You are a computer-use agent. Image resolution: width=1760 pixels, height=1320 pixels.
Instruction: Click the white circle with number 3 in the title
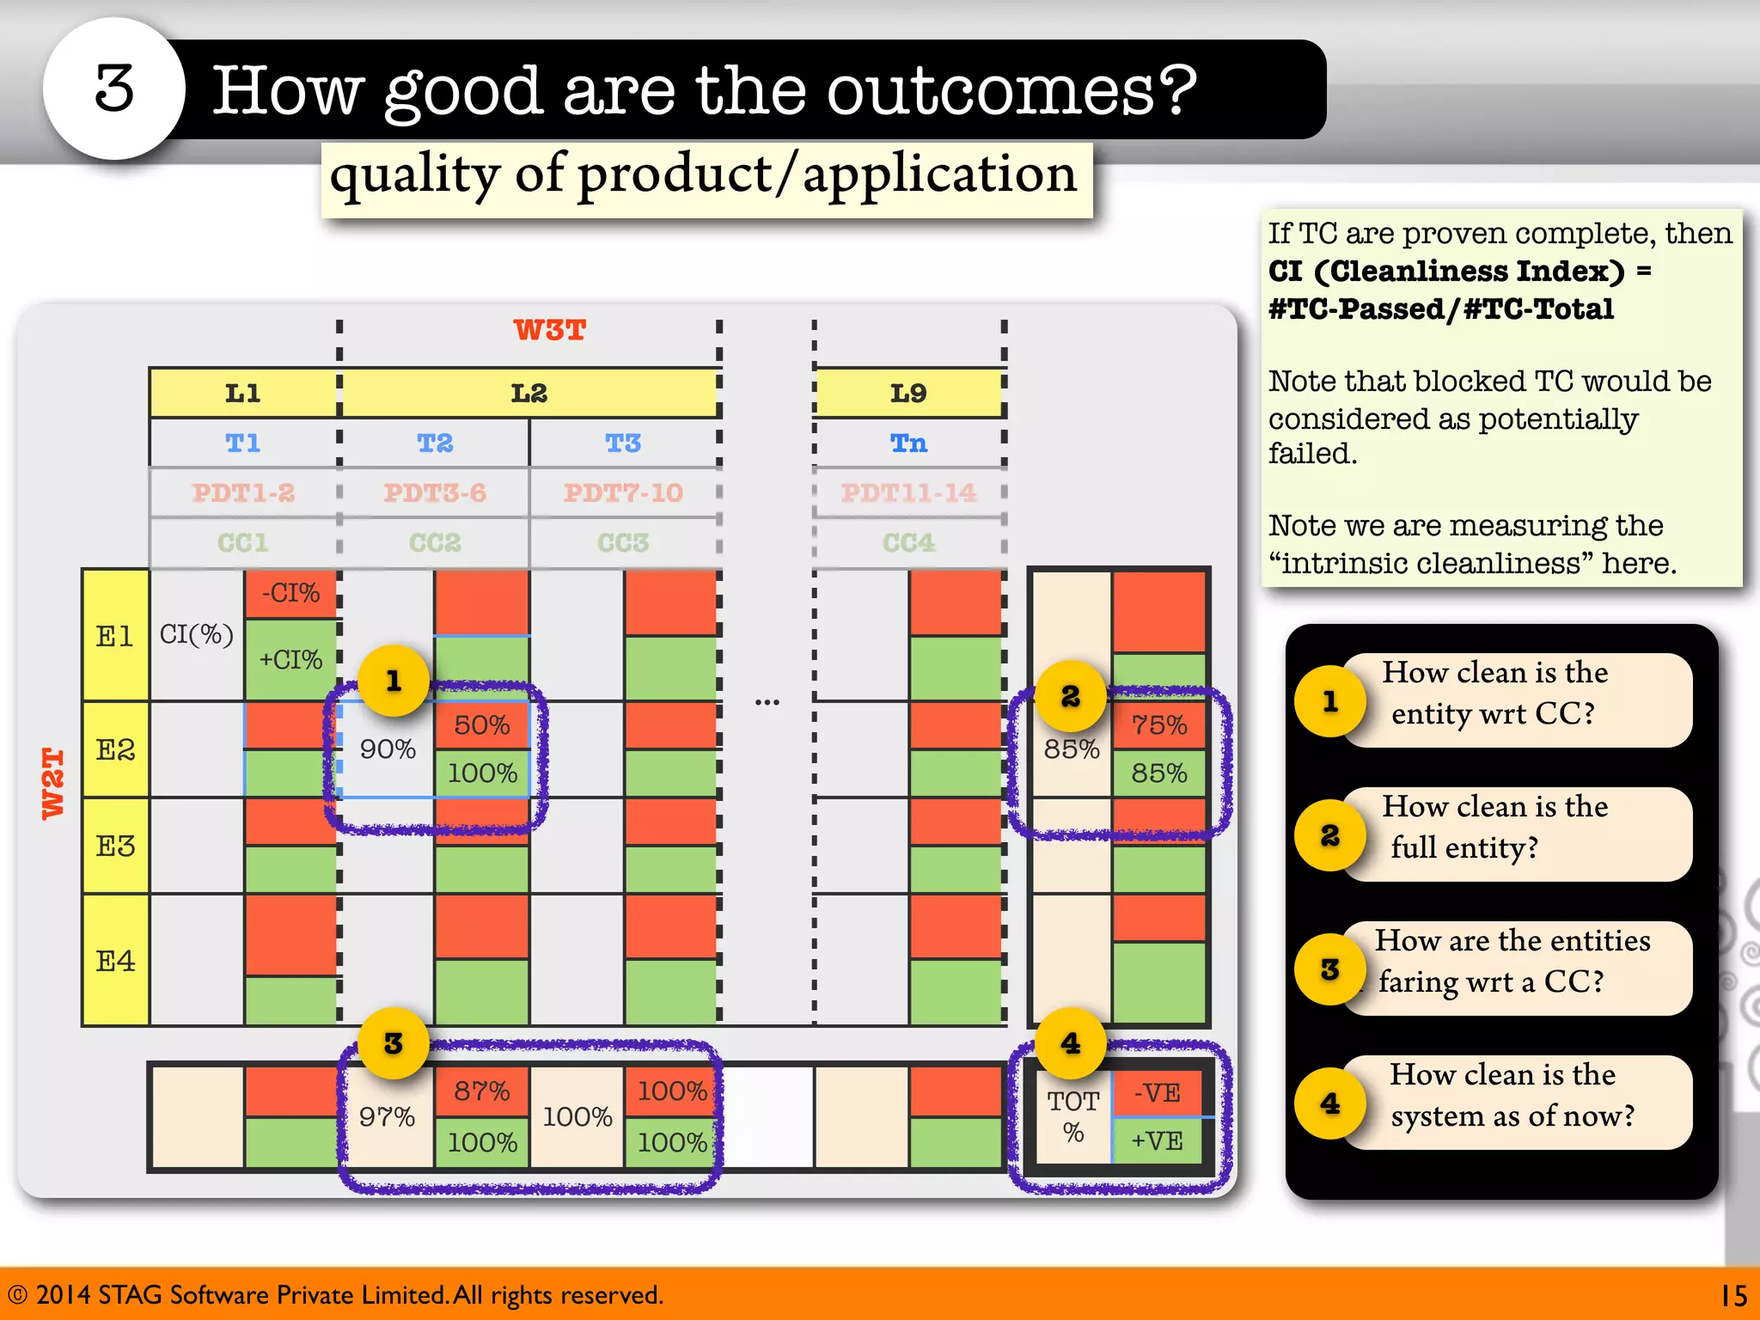point(113,89)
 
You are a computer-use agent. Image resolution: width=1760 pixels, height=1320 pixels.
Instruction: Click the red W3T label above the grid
point(549,330)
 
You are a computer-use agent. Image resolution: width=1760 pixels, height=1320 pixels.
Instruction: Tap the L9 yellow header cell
point(908,394)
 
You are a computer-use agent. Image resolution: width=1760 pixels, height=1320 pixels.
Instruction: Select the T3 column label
point(623,443)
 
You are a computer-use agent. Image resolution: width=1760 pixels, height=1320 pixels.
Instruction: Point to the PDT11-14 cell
point(908,493)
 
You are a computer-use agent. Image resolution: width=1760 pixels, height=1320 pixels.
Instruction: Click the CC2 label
point(435,543)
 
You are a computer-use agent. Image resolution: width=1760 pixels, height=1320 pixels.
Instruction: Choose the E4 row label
point(115,960)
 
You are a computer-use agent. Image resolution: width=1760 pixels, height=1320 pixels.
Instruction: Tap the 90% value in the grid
point(388,749)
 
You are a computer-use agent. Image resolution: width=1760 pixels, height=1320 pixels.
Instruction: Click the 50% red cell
point(481,725)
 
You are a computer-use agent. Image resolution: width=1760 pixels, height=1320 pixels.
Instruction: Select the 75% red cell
point(1158,725)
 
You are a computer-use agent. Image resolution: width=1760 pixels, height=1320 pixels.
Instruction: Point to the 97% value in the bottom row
point(387,1116)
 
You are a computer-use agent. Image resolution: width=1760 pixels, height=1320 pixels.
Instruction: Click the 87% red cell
point(481,1091)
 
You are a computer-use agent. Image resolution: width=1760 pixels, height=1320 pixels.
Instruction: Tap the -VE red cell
point(1157,1093)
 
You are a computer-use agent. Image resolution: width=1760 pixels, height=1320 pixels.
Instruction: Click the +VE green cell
point(1157,1141)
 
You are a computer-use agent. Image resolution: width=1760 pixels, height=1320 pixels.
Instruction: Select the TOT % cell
point(1072,1116)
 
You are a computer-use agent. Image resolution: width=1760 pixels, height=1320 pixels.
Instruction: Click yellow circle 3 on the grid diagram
point(394,1043)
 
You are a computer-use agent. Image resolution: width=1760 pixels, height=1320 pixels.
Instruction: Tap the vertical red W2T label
point(53,783)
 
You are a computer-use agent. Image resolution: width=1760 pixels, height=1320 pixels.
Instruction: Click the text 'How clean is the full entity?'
point(1495,827)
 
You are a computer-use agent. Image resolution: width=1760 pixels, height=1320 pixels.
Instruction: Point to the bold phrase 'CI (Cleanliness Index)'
point(1446,272)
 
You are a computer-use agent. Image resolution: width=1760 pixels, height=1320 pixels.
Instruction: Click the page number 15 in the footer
point(1733,1295)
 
